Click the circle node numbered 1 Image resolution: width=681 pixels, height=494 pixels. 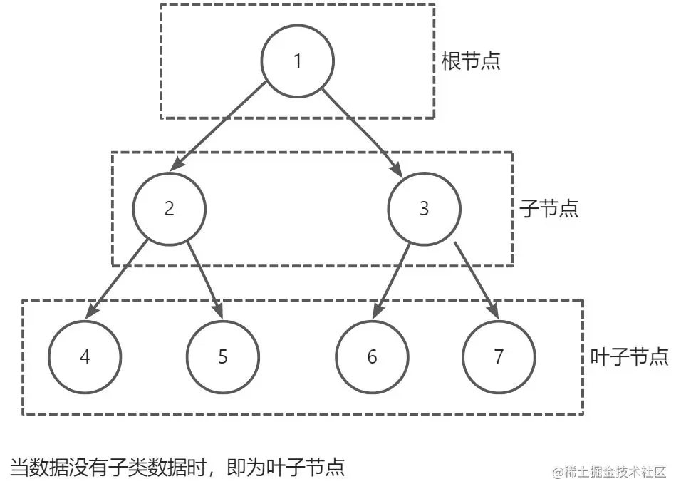(x=298, y=61)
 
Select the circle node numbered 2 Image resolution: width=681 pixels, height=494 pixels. (x=169, y=209)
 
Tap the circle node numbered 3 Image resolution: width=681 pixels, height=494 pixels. (x=424, y=209)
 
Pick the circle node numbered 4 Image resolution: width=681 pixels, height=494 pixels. (x=85, y=356)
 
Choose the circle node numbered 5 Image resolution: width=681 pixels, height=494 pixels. (x=222, y=356)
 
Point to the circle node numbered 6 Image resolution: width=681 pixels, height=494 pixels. (x=373, y=356)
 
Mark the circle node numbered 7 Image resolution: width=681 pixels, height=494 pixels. (x=498, y=356)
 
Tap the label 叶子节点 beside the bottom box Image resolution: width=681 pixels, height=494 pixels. (x=630, y=356)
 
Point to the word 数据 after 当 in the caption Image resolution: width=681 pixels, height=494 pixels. (x=47, y=468)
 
